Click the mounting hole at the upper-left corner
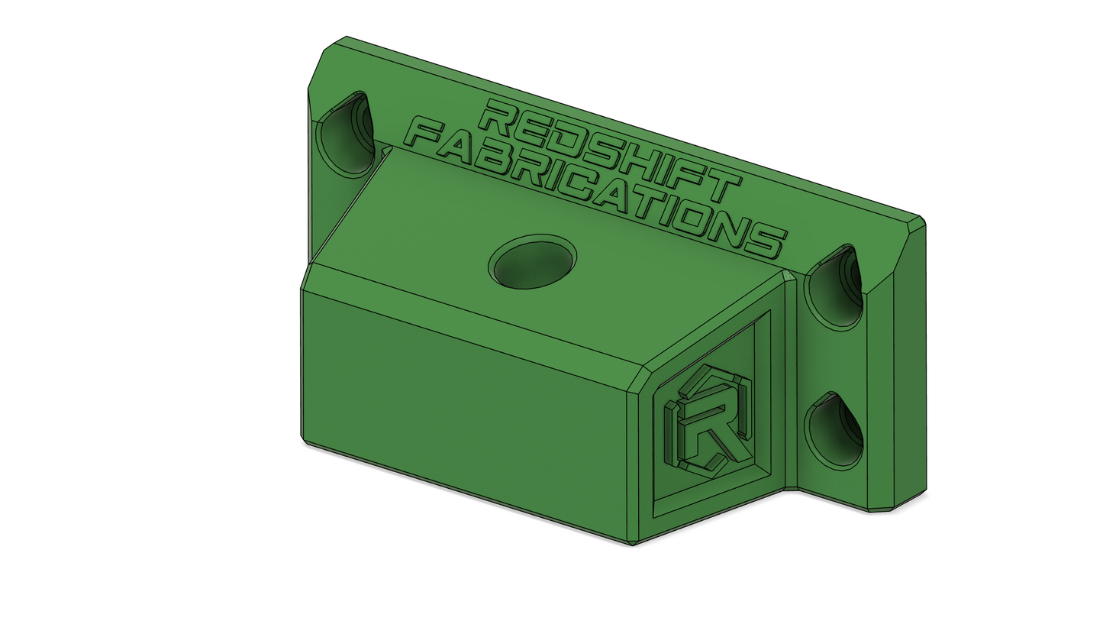343,134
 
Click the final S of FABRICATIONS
763,239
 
